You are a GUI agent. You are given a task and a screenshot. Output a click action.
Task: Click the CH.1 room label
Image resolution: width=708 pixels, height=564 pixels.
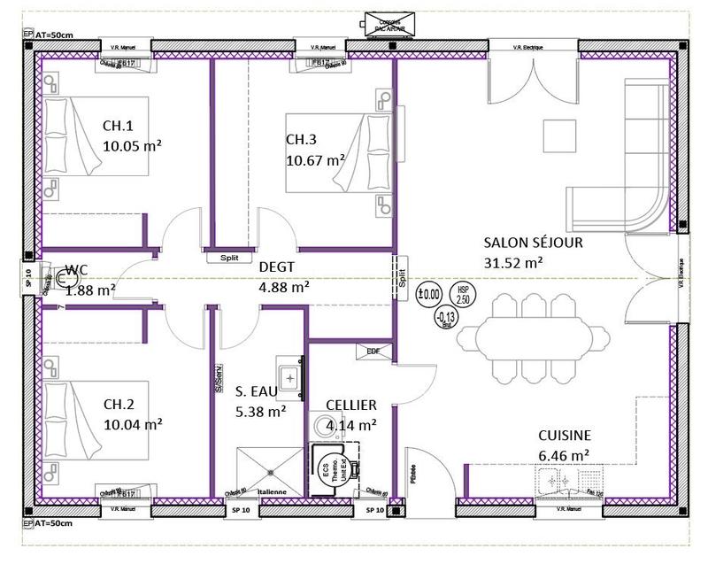tap(118, 125)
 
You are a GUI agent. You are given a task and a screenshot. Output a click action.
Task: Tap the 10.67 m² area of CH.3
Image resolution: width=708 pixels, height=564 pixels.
tap(315, 160)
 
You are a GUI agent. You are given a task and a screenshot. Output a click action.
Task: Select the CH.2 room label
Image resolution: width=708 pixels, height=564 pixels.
tap(119, 405)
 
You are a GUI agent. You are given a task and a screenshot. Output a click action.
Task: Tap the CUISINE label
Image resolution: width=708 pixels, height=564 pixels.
tap(565, 436)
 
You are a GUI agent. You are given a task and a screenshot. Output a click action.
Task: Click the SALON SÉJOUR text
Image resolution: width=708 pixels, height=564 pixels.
tap(533, 243)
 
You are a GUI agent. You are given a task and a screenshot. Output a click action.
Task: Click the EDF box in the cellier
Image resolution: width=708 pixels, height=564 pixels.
tap(373, 352)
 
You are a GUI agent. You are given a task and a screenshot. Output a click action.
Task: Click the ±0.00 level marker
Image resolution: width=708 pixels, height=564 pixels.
tap(430, 294)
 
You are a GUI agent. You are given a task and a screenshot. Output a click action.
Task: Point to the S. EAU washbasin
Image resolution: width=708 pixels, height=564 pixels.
tap(289, 376)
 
